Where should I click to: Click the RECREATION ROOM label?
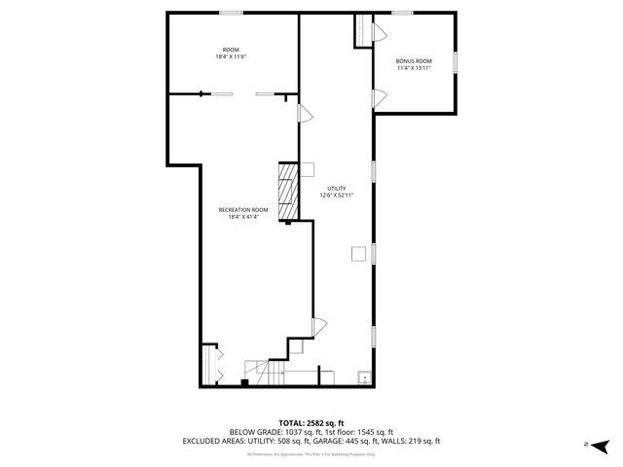point(243,210)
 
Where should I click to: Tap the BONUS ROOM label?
point(414,61)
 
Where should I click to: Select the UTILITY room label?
point(336,188)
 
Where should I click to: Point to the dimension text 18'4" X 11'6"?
point(231,56)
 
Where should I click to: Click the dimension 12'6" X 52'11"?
point(336,196)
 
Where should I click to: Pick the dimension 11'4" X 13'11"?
point(414,68)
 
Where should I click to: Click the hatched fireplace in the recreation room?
point(288,192)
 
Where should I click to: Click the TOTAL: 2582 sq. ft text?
point(311,422)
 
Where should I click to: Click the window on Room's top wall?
point(231,13)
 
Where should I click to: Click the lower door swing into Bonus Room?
point(381,96)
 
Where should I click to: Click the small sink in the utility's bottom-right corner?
point(364,377)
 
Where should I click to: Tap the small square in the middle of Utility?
point(358,255)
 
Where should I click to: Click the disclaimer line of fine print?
point(311,454)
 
